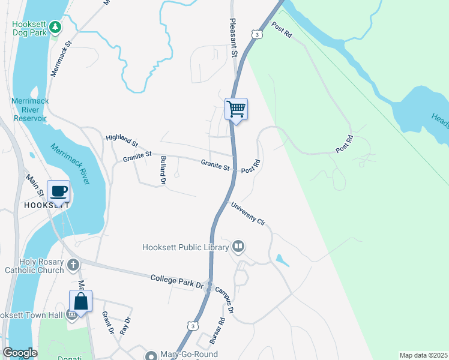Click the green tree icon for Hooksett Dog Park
click(x=55, y=27)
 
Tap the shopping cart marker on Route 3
click(x=236, y=109)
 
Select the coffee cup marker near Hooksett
click(x=58, y=191)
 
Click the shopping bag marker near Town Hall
click(x=81, y=301)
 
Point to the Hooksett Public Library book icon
click(x=238, y=247)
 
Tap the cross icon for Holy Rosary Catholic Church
click(x=73, y=265)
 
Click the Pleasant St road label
click(x=234, y=37)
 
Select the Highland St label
click(x=122, y=142)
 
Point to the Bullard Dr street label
click(x=163, y=169)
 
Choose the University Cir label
click(x=248, y=214)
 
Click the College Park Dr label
click(x=177, y=280)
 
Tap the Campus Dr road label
click(x=224, y=299)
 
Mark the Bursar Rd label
click(x=217, y=329)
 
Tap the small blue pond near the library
click(x=281, y=260)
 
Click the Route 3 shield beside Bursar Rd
click(x=191, y=325)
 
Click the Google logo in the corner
click(x=20, y=353)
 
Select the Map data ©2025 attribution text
click(x=423, y=355)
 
